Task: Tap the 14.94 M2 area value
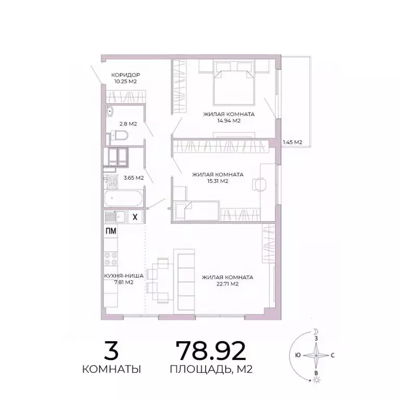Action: tap(229, 121)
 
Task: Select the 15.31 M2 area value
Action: tap(218, 181)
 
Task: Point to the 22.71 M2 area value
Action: tap(227, 284)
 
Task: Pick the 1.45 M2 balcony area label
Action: tap(292, 142)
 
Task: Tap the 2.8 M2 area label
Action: tap(128, 124)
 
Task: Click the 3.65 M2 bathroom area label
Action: tap(131, 178)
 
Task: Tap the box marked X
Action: tap(135, 217)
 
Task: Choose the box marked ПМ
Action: tap(111, 232)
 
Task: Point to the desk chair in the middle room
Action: tap(259, 184)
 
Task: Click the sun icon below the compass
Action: tap(315, 381)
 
